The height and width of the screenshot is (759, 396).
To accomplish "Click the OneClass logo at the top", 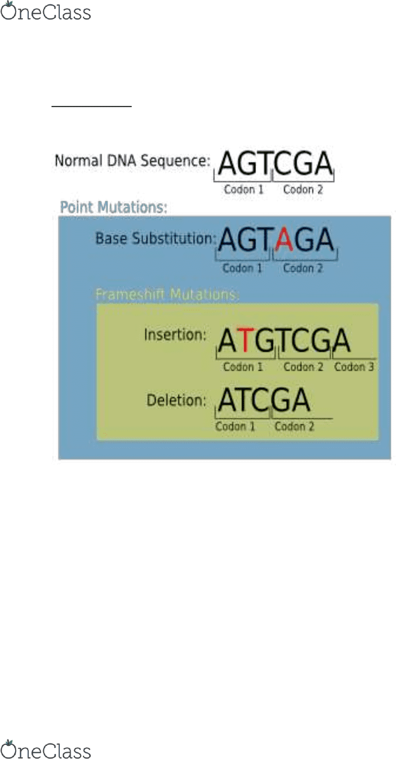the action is point(46,11).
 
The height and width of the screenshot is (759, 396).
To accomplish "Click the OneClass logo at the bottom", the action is point(46,749).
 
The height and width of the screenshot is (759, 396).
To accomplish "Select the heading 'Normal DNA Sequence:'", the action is point(132,161).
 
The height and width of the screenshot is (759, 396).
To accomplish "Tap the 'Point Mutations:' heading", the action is point(114,207).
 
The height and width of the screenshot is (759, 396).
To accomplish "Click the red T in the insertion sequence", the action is point(245,340).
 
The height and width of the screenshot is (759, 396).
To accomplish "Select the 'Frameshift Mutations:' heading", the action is point(167,294).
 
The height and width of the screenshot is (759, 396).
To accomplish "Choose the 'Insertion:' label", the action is point(175,335).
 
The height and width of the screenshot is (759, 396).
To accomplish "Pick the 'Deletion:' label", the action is point(176,400).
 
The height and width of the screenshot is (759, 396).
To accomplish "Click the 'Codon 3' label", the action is point(354,367).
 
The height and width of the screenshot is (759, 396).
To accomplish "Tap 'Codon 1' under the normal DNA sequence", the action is point(243,189).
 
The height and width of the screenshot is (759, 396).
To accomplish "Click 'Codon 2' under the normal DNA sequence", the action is point(303,189).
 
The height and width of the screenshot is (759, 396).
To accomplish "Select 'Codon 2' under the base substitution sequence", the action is point(303,268).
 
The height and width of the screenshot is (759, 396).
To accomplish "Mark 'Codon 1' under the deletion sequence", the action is point(235,426).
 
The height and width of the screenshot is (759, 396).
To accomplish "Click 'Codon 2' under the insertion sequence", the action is point(304,367).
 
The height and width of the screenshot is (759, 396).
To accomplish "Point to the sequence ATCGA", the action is point(264,400).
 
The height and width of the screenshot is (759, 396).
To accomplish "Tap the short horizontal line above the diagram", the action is point(91,107).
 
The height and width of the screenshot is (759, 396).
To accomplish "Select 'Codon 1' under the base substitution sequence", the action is point(242,268).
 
